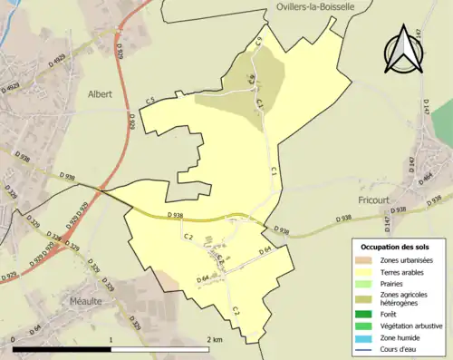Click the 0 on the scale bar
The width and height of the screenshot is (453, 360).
14,339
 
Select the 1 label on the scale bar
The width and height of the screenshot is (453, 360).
111,339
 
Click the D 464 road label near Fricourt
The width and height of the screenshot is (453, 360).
427,178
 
